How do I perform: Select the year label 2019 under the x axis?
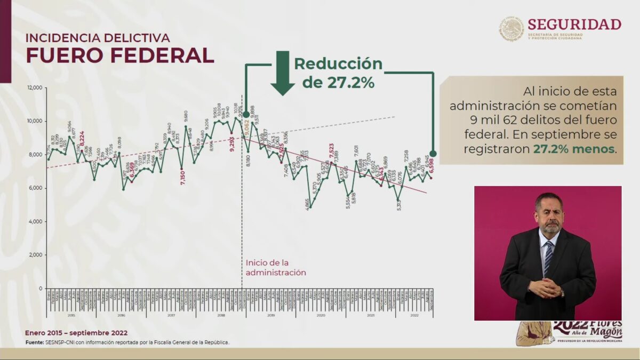tap(271, 316)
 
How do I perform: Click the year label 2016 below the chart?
tap(121, 316)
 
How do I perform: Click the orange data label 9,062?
tap(246, 129)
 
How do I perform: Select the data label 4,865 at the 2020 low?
tap(307, 205)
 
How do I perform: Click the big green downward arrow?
tap(282, 73)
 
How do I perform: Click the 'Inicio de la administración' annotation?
tap(276, 267)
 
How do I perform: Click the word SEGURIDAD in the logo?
tap(574, 25)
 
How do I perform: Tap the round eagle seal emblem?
tap(512, 29)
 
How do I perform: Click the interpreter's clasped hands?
tap(545, 288)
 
